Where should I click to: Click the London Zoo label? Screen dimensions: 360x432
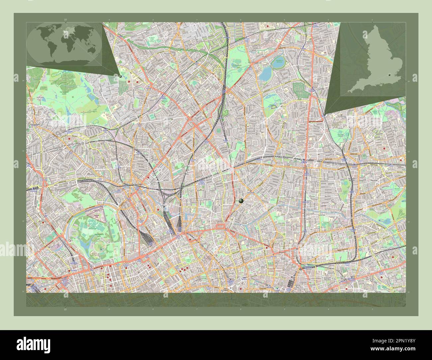[97, 216]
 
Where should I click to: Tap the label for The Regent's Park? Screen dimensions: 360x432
[100, 235]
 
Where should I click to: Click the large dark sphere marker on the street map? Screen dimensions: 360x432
[241, 201]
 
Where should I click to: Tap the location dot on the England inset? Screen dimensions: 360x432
[389, 76]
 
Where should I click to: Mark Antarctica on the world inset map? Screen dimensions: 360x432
[63, 62]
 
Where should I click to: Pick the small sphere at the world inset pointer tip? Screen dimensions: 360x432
[120, 76]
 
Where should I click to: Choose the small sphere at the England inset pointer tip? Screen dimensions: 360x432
[324, 115]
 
